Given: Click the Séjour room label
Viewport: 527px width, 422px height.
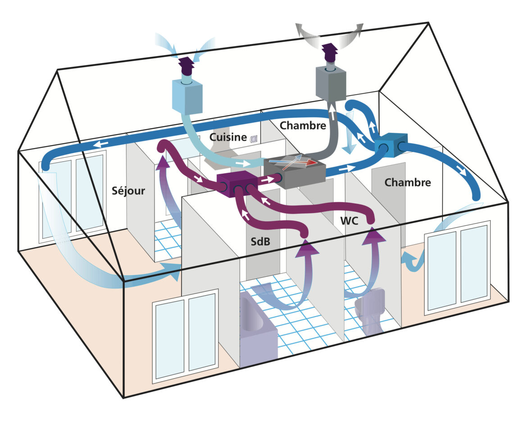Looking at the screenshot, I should pos(128,191).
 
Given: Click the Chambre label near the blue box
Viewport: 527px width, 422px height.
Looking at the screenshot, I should pos(407,182).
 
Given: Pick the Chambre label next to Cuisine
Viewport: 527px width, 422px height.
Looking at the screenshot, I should pos(303,125).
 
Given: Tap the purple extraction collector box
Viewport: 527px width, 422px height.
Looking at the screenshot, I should pos(237,183).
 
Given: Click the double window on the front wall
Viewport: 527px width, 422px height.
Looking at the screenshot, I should pos(186,335).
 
